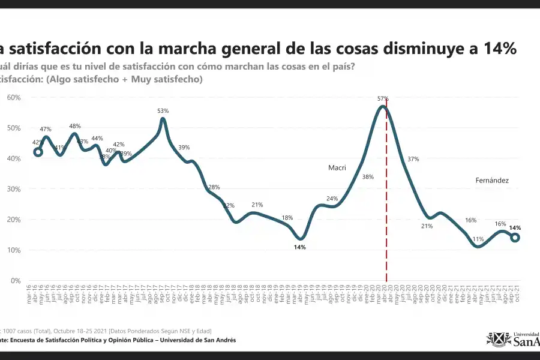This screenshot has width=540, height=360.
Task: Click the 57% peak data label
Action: [383, 98]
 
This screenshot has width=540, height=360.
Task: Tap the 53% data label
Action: [163, 111]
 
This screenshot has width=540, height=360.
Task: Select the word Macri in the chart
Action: [337, 168]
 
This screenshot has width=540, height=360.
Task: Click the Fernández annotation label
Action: [492, 180]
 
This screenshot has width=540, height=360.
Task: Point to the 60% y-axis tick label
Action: [14, 97]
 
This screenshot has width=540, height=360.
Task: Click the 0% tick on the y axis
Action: [16, 281]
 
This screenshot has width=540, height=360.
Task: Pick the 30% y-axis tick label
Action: [14, 189]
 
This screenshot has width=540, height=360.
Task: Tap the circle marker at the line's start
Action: [38, 152]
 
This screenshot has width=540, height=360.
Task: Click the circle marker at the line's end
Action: [515, 238]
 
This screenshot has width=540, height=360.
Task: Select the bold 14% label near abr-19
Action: [300, 247]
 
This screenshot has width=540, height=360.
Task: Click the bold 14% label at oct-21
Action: [515, 228]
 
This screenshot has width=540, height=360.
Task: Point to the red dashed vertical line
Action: [386, 198]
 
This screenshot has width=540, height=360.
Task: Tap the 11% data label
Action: [478, 239]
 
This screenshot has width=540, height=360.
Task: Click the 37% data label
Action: [413, 159]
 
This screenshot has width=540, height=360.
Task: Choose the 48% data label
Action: [75, 126]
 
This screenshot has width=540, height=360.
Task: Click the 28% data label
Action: [214, 188]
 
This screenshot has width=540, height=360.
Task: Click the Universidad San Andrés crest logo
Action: [498, 339]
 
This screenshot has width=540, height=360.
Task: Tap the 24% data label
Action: [332, 199]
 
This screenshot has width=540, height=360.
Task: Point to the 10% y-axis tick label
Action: [14, 250]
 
